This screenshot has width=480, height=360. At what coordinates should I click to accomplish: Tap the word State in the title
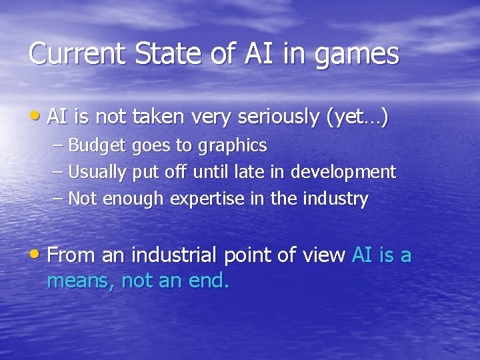pos(161,54)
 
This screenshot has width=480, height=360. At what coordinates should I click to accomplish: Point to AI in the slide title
pos(256,54)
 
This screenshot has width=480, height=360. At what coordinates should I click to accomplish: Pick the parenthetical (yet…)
pos(357,117)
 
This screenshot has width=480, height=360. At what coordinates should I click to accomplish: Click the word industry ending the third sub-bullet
pos(336,199)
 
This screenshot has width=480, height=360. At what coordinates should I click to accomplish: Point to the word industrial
pos(174,255)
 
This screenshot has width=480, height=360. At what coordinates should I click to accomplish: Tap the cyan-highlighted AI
pos(362,255)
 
